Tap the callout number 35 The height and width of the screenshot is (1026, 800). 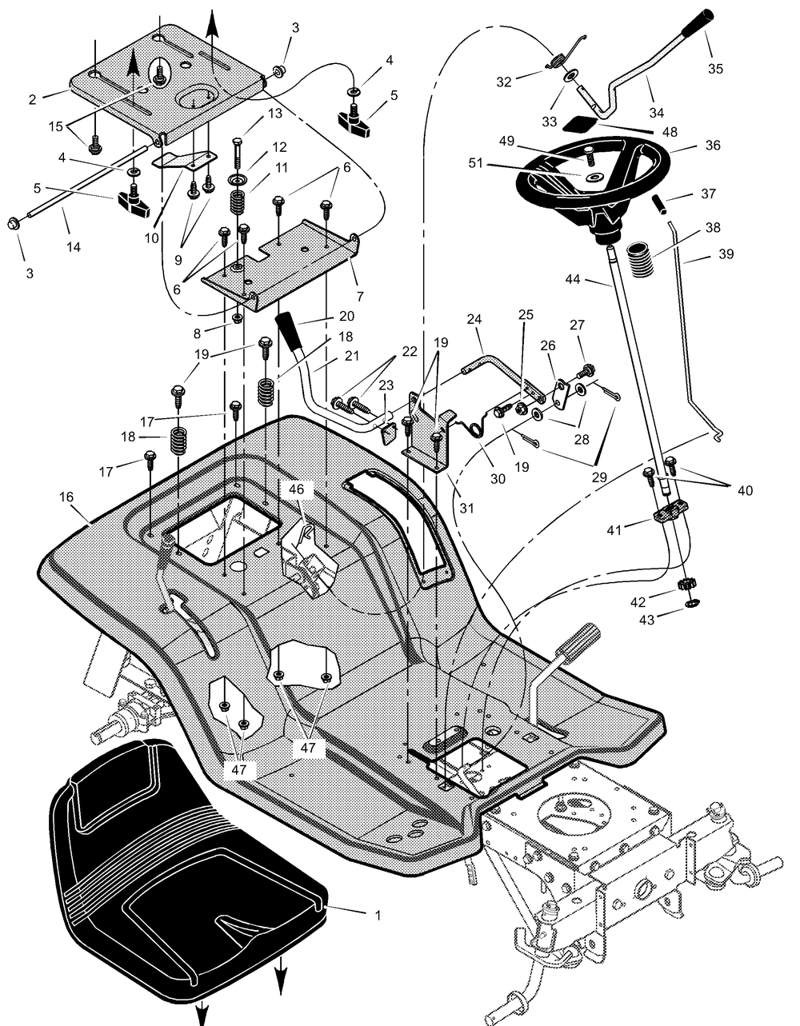(715, 69)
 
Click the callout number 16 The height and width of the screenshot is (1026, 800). (66, 497)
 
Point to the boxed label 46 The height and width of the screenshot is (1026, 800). (297, 489)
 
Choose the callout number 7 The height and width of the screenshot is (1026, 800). (360, 297)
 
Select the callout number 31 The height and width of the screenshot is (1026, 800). (466, 508)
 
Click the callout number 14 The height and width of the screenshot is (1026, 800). (74, 246)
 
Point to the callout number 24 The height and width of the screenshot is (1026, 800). (474, 319)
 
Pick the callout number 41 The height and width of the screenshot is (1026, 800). (614, 530)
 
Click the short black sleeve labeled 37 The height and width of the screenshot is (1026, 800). (661, 206)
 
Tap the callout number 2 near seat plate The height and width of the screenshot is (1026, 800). (32, 100)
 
